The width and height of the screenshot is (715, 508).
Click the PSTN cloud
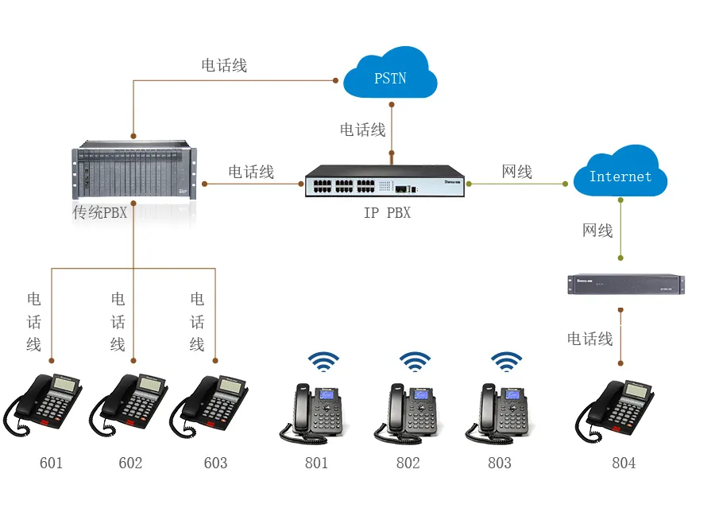pyautogui.click(x=390, y=75)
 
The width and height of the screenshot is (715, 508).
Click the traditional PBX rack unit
pyautogui.click(x=134, y=173)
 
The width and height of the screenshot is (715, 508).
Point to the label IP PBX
pyautogui.click(x=387, y=213)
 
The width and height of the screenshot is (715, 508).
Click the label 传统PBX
pyautogui.click(x=99, y=213)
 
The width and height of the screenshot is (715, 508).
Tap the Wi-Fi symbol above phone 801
pyautogui.click(x=323, y=362)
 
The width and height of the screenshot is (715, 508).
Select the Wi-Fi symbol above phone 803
pyautogui.click(x=506, y=362)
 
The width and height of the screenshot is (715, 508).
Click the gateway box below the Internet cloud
pyautogui.click(x=625, y=285)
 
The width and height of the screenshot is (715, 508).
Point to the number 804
pyautogui.click(x=624, y=463)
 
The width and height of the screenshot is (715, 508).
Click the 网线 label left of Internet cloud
pyautogui.click(x=517, y=172)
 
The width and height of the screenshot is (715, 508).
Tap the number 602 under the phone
pyautogui.click(x=130, y=463)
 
